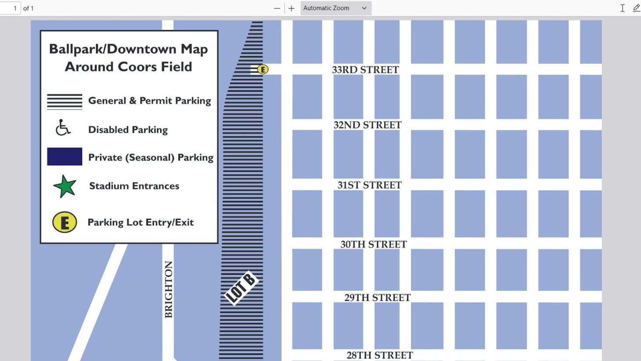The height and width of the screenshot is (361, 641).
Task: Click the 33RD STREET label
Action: [x=365, y=69]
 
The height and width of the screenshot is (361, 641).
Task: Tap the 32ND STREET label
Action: [x=367, y=125]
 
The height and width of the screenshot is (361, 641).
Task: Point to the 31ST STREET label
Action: [x=369, y=185]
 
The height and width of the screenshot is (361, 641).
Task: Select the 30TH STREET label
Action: [x=374, y=244]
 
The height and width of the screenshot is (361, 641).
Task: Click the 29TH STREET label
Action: [x=377, y=298]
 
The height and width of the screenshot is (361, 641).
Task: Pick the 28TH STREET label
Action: [x=380, y=355]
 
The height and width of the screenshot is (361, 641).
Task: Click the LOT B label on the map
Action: [x=241, y=288]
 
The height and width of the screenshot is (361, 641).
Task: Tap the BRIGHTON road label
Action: [x=169, y=289]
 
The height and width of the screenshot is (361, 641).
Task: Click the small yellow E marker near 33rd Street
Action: [x=263, y=69]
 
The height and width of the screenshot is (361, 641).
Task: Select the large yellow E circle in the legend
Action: [x=65, y=222]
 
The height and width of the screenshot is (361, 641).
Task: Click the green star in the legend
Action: [x=65, y=186]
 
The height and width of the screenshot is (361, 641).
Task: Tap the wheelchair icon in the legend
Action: [x=63, y=128]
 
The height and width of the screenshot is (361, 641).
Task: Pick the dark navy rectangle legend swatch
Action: [x=65, y=157]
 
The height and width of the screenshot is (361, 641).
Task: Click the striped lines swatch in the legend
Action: [x=65, y=101]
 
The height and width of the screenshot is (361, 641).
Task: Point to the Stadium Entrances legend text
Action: [x=134, y=186]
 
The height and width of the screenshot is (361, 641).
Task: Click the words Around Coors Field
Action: [x=128, y=67]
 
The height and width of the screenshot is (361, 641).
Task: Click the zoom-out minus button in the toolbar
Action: [x=277, y=8]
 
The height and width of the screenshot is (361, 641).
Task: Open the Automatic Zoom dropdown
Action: [x=335, y=8]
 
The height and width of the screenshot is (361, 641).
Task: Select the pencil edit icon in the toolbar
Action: [x=636, y=8]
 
